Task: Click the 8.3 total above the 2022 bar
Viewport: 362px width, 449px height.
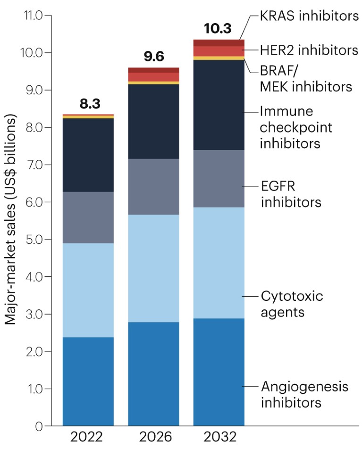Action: tap(89, 104)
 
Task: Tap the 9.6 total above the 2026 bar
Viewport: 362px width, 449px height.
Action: tap(153, 57)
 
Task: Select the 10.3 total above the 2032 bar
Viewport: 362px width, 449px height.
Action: tap(219, 29)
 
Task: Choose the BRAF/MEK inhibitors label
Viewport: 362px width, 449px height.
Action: tap(306, 79)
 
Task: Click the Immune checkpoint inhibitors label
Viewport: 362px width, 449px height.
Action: tap(296, 127)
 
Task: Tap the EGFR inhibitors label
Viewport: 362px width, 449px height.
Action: tap(291, 194)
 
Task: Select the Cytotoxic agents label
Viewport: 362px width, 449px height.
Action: tap(292, 304)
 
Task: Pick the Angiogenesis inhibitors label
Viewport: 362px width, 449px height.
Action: tap(304, 395)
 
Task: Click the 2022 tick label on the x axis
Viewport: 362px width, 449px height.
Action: tap(88, 436)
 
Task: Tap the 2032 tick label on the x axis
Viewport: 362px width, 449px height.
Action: tap(219, 436)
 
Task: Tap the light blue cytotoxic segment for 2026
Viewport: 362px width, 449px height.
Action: tap(153, 268)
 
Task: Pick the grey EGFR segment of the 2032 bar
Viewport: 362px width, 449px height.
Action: tap(219, 178)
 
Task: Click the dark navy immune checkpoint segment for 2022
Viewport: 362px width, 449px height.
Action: tap(88, 155)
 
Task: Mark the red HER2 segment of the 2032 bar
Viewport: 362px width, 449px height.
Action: tap(219, 51)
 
